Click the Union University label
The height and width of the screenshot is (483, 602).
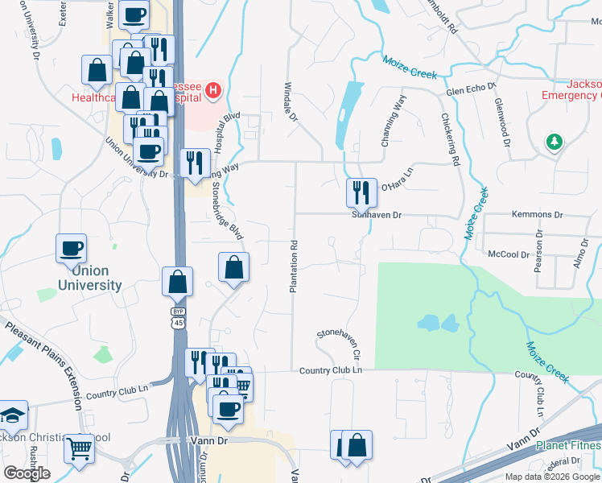(89, 278)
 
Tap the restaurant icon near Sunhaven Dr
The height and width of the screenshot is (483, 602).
(361, 193)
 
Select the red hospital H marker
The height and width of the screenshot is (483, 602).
(212, 90)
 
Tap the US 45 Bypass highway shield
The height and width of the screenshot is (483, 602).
(177, 317)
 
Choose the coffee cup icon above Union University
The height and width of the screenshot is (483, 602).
(71, 247)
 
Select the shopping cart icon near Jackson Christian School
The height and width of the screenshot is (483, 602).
(80, 448)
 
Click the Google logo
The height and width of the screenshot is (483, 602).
(27, 473)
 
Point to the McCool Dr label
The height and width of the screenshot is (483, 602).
(509, 254)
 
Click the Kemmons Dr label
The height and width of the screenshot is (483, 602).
(537, 215)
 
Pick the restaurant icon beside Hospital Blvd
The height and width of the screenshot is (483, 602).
(194, 163)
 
